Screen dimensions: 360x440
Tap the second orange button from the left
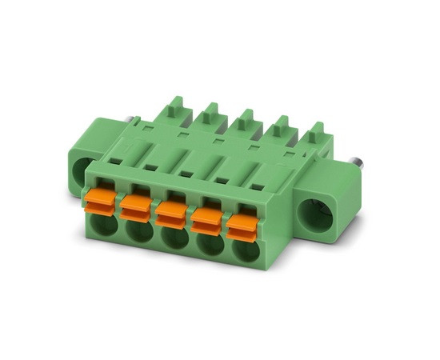pos(135,207)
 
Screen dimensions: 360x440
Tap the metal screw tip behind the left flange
pos(126,122)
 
